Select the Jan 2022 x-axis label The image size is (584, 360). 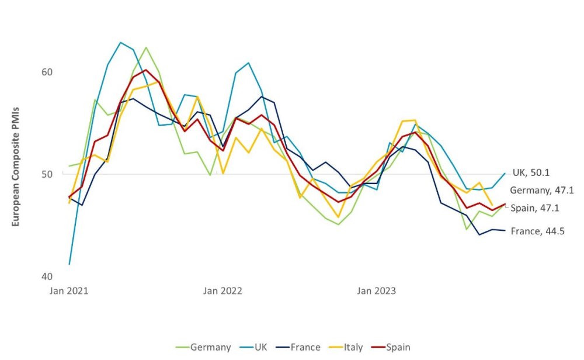click(223, 290)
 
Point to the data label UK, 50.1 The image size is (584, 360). click(531, 172)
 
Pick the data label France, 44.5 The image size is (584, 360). click(537, 231)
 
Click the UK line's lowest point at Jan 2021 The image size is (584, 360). click(69, 264)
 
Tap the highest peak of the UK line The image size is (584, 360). click(120, 42)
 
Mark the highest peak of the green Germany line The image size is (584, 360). click(146, 47)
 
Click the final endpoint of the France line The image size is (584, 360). click(505, 230)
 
